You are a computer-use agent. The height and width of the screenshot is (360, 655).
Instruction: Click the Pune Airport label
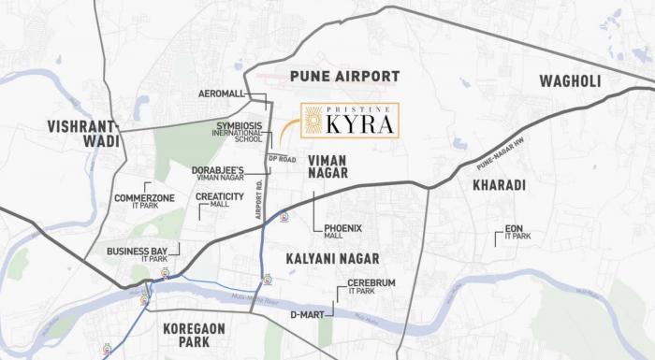pyautogui.click(x=344, y=76)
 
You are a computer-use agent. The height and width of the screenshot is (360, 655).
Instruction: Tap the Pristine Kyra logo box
pyautogui.click(x=349, y=122)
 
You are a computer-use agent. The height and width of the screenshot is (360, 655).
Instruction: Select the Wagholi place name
pyautogui.click(x=570, y=81)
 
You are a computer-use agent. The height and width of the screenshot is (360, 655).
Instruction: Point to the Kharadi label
pyautogui.click(x=499, y=185)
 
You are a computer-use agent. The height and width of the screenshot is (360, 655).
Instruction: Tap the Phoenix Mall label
pyautogui.click(x=342, y=231)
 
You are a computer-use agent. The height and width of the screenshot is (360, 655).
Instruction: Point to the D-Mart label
pyautogui.click(x=305, y=314)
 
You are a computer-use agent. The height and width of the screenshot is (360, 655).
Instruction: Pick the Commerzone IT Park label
pyautogui.click(x=145, y=203)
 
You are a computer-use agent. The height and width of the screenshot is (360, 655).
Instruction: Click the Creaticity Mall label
pyautogui.click(x=219, y=200)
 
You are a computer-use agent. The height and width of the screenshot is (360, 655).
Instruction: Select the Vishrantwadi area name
pyautogui.click(x=84, y=134)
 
